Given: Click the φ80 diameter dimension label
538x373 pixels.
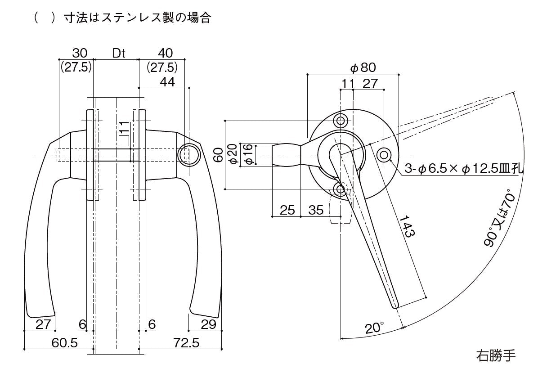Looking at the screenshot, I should (x=363, y=68).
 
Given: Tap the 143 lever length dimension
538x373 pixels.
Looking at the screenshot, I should (x=406, y=226).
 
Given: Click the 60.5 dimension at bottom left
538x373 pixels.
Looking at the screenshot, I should (x=65, y=343).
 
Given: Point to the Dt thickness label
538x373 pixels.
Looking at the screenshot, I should (x=118, y=53).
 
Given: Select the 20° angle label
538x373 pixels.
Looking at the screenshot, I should (x=375, y=328).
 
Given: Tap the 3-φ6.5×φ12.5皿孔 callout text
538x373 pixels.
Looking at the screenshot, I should (x=463, y=169).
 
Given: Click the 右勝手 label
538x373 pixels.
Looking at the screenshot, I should (x=495, y=356).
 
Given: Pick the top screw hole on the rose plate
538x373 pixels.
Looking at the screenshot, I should (x=341, y=121).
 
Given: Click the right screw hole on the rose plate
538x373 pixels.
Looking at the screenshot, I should (x=384, y=155).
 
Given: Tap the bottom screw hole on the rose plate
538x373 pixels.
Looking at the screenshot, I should (x=341, y=188).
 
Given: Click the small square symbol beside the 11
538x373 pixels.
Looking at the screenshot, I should (x=125, y=140).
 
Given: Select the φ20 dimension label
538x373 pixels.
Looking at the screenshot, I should (x=232, y=155).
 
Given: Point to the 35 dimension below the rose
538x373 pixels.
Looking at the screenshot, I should (x=316, y=210).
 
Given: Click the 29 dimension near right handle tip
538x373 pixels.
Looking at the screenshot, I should (x=208, y=324).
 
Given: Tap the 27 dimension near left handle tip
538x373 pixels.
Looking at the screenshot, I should (x=43, y=324).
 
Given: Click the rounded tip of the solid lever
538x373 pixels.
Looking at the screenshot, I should (x=396, y=306).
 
